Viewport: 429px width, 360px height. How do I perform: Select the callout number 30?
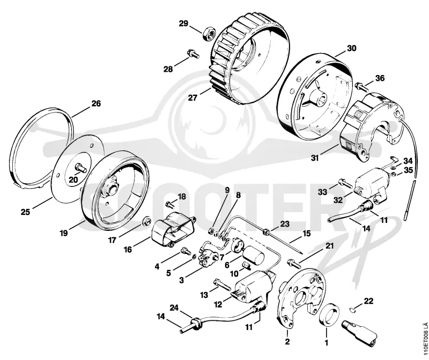[352, 48]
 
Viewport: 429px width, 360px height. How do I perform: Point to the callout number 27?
[193, 97]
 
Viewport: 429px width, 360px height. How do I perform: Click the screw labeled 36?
[361, 86]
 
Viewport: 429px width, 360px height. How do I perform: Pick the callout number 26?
[96, 103]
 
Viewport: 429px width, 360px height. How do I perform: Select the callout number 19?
[64, 233]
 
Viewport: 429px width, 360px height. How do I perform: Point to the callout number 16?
[128, 249]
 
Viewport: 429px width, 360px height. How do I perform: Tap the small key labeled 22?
[353, 310]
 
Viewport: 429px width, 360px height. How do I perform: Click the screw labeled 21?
[294, 264]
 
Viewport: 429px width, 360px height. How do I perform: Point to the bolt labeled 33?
[345, 183]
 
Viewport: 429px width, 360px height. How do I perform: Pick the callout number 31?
[315, 158]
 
